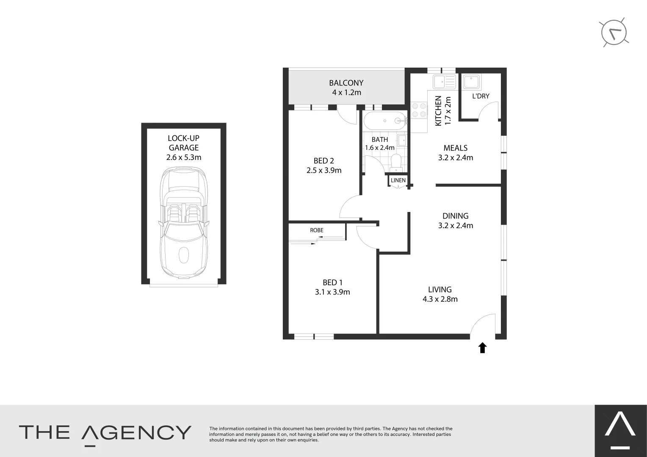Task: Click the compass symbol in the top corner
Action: pyautogui.click(x=614, y=33)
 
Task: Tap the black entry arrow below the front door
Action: pyautogui.click(x=482, y=348)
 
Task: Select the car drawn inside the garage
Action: pyautogui.click(x=184, y=222)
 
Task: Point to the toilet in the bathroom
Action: pyautogui.click(x=396, y=162)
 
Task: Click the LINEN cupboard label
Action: pyautogui.click(x=398, y=180)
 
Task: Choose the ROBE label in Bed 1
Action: pyautogui.click(x=317, y=230)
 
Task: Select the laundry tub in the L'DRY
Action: pyautogui.click(x=471, y=81)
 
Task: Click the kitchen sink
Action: pyautogui.click(x=444, y=81)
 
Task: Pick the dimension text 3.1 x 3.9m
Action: pyautogui.click(x=332, y=292)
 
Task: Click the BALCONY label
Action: pyautogui.click(x=346, y=83)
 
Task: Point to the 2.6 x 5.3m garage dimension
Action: pyautogui.click(x=184, y=157)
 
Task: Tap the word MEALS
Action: pyautogui.click(x=456, y=148)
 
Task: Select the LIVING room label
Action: pyautogui.click(x=440, y=289)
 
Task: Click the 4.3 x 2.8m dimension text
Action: pyautogui.click(x=440, y=299)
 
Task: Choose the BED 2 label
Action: pyautogui.click(x=324, y=161)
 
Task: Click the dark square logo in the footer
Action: pyautogui.click(x=620, y=431)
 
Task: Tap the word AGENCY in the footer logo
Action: pyautogui.click(x=136, y=433)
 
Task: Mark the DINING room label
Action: pyautogui.click(x=456, y=216)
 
